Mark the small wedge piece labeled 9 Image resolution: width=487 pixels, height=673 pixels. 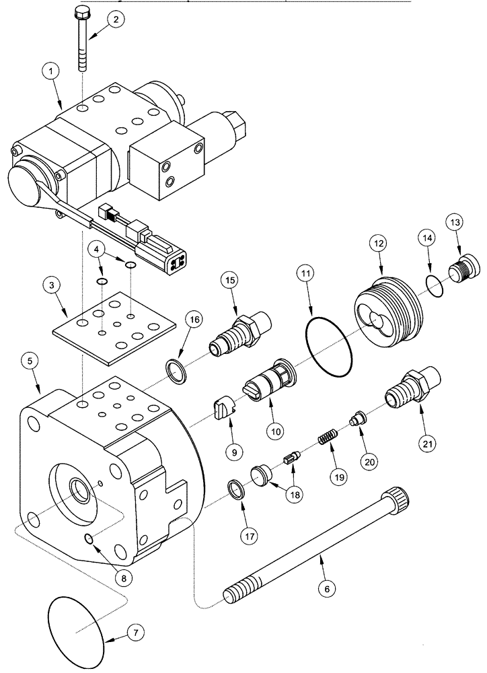(x=223, y=411)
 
